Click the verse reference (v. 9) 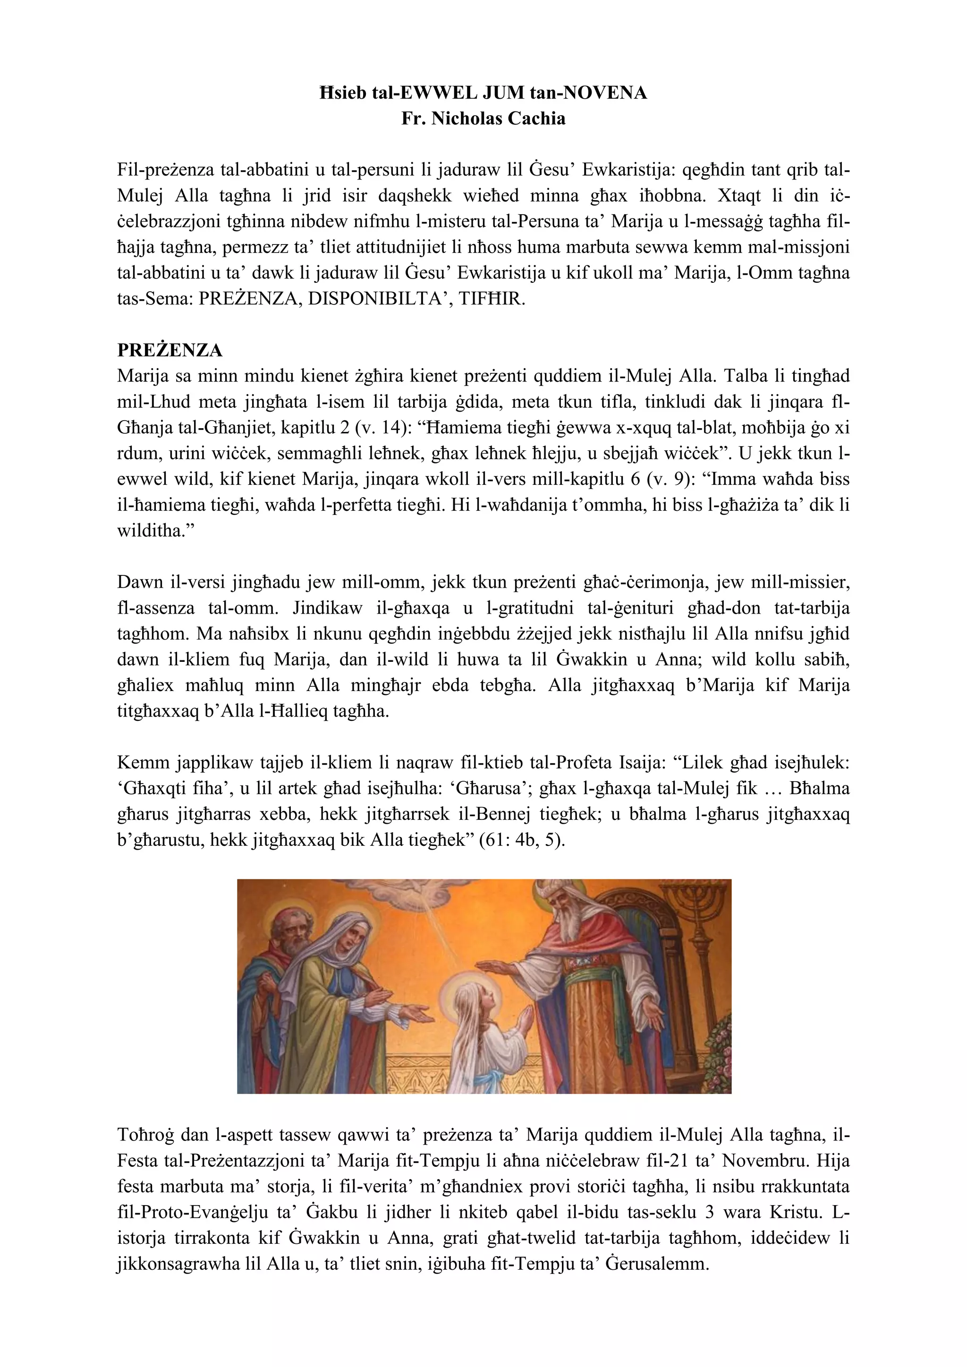tap(669, 479)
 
